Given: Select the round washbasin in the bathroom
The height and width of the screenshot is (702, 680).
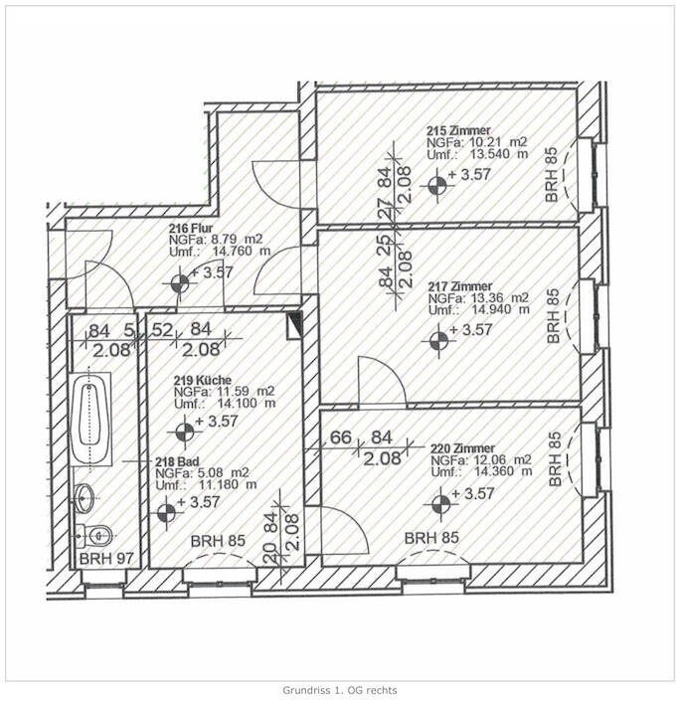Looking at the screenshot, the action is coord(87,494).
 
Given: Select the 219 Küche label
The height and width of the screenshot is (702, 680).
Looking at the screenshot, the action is coord(204,380).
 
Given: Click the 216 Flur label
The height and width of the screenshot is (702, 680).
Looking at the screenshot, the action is coord(190,228).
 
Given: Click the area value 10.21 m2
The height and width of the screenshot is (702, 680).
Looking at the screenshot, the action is coord(489,143).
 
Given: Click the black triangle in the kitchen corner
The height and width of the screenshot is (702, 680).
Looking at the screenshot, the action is coord(294,323).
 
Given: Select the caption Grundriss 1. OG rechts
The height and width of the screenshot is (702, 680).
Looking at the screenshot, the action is coord(340,688).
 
